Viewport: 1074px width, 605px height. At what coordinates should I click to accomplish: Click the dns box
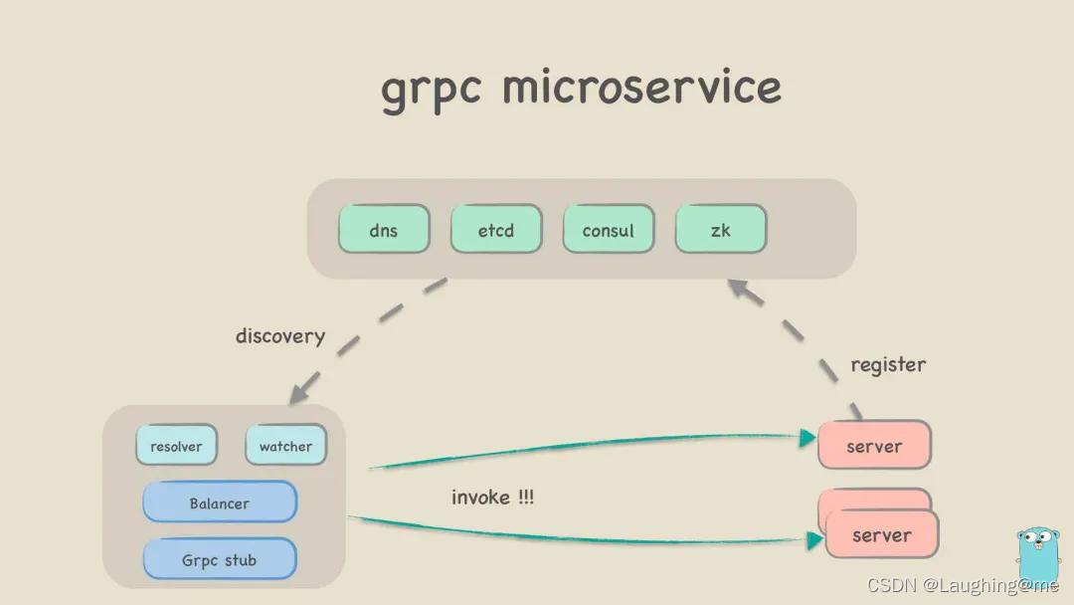tap(384, 230)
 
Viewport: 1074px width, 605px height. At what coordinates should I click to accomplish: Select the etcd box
tap(496, 230)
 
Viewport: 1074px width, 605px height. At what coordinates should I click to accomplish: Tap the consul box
tap(608, 230)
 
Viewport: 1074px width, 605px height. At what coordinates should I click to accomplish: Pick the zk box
tap(721, 230)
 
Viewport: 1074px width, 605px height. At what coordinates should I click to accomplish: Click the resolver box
tap(176, 446)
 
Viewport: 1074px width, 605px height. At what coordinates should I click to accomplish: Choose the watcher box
tap(285, 446)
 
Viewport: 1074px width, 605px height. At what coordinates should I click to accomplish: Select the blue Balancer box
tap(220, 503)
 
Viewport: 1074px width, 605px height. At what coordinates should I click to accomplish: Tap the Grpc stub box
tap(220, 559)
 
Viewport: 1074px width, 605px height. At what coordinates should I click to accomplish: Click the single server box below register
tap(874, 446)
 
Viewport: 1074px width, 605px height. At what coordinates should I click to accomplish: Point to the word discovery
tap(280, 336)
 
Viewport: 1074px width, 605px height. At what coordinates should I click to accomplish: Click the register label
tap(888, 364)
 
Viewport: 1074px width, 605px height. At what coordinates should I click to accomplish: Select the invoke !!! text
tap(492, 497)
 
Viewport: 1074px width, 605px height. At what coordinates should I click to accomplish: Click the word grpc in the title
tap(431, 89)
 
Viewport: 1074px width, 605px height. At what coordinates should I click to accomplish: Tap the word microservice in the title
tap(641, 87)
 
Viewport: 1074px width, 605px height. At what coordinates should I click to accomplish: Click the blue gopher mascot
tap(1037, 551)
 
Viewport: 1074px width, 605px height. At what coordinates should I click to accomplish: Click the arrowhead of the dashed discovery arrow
tap(299, 394)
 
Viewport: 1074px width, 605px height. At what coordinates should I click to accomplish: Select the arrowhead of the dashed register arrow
tap(737, 289)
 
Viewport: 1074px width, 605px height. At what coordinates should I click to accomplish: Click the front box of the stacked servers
tap(882, 535)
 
